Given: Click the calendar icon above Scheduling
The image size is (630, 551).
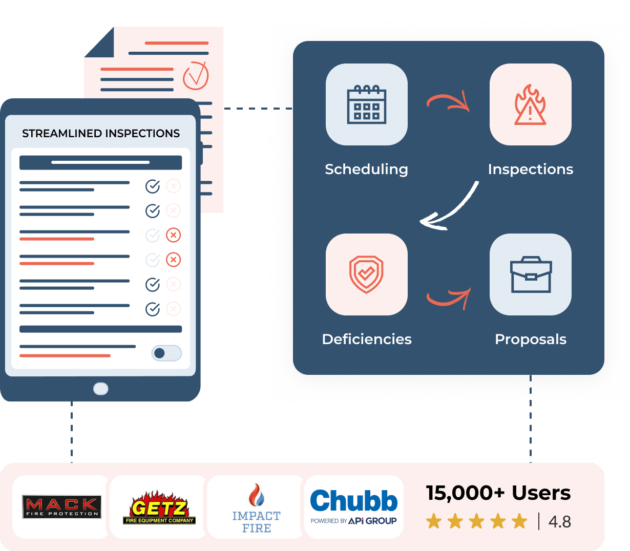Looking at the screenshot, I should point(367,104).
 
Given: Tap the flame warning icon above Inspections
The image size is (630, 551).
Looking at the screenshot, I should point(530,104).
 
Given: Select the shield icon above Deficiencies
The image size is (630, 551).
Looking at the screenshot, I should point(367,274).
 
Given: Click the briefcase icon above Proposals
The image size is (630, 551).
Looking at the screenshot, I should point(531,274).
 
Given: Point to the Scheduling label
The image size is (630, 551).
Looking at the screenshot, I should point(366,169).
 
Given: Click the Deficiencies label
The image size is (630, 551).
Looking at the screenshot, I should point(367,339).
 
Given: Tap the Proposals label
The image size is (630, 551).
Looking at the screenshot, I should point(531,339).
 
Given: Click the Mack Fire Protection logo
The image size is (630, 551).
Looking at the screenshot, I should point(61,507).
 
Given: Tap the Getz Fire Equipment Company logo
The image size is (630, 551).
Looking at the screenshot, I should point(159,507).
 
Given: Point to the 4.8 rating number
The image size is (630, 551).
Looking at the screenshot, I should point(559,522).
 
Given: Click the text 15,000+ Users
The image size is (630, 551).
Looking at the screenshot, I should point(498,493).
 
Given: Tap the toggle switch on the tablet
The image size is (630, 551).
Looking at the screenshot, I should point(166,353).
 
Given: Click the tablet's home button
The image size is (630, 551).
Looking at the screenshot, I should point(101,389).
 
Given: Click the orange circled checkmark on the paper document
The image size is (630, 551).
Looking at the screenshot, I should point(196,75).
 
